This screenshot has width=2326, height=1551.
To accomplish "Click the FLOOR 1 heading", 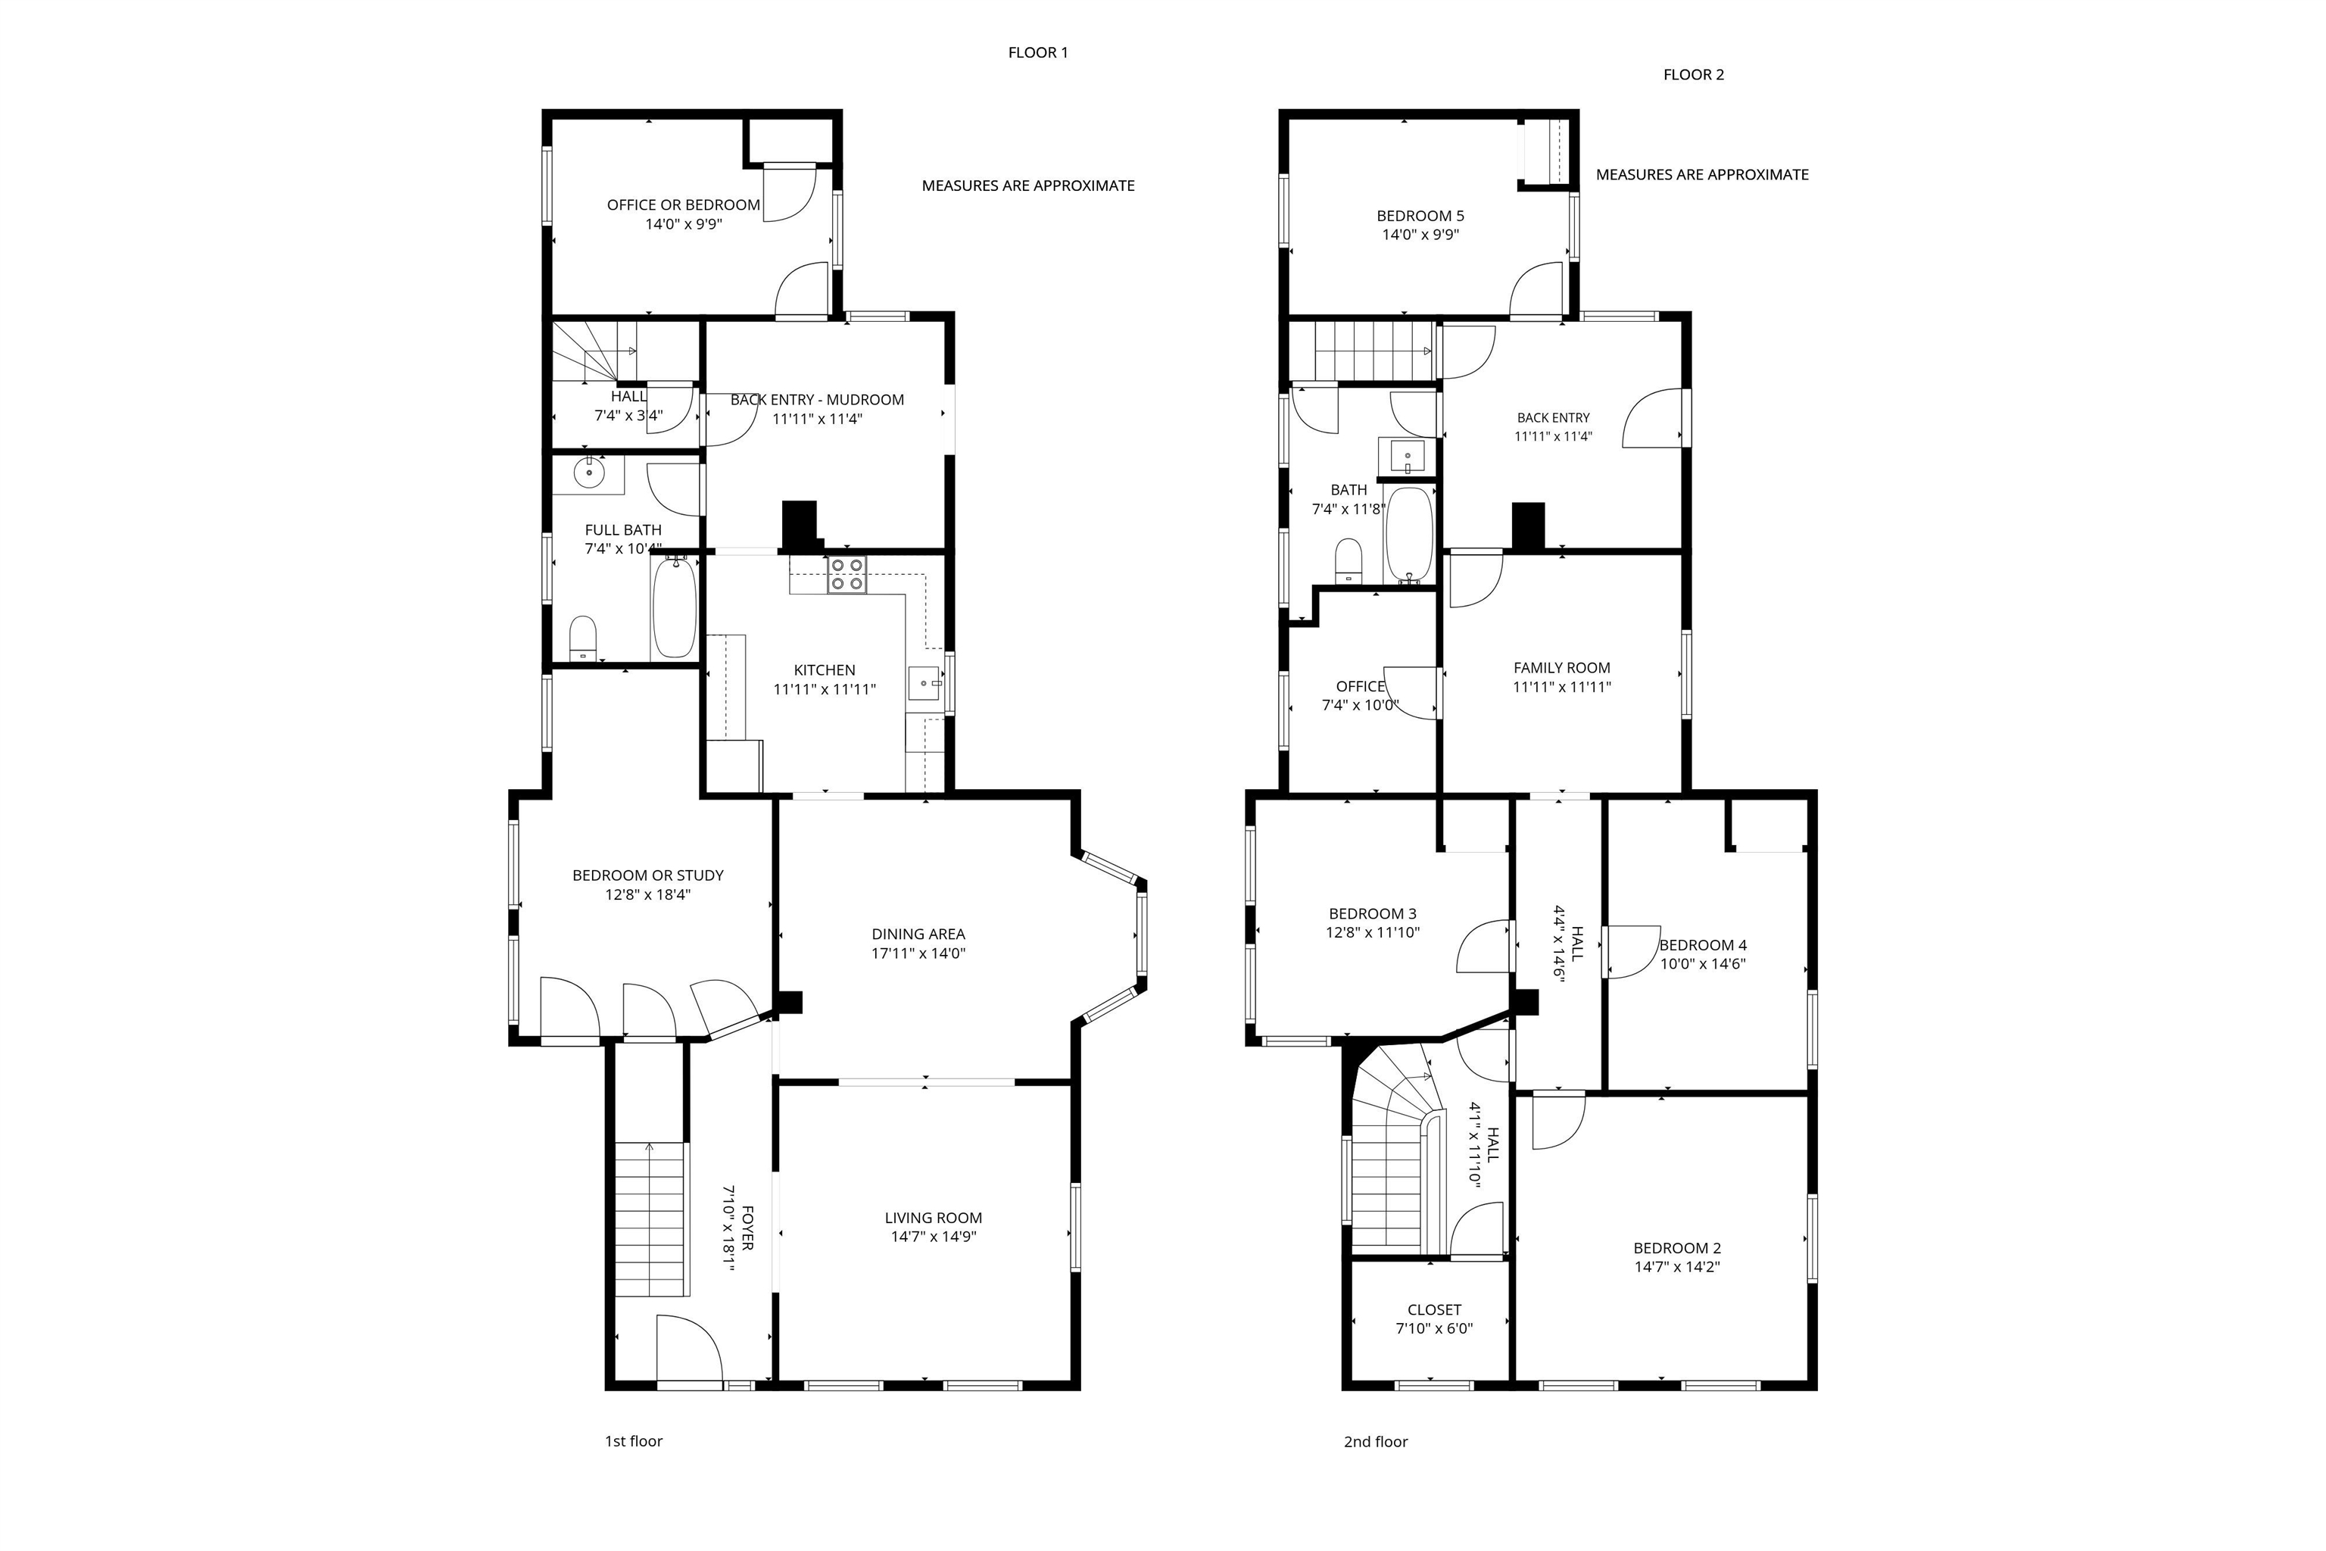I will click(1037, 52).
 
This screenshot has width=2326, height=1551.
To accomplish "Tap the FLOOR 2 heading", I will click(1693, 74).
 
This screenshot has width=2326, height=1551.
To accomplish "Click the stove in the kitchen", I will click(847, 575).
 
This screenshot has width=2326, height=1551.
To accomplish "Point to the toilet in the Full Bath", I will click(584, 638).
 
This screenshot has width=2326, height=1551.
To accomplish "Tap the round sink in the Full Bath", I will click(589, 474).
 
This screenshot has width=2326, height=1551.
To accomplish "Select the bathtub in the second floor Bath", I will click(1408, 534).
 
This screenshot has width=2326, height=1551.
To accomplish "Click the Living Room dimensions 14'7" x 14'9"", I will click(933, 1237).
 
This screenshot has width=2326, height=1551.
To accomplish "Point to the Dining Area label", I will click(918, 934).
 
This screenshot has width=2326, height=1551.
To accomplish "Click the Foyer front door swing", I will click(689, 1350).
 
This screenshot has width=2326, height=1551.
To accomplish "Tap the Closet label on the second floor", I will click(1434, 1309).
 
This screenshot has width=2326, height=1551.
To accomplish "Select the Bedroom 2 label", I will click(1677, 1248).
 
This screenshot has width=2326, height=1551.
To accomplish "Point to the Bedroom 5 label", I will click(1420, 216).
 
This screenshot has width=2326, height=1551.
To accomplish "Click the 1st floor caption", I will click(633, 1441).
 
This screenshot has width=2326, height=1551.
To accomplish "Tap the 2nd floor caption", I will click(1375, 1441).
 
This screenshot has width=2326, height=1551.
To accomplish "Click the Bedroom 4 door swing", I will click(1632, 951).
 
